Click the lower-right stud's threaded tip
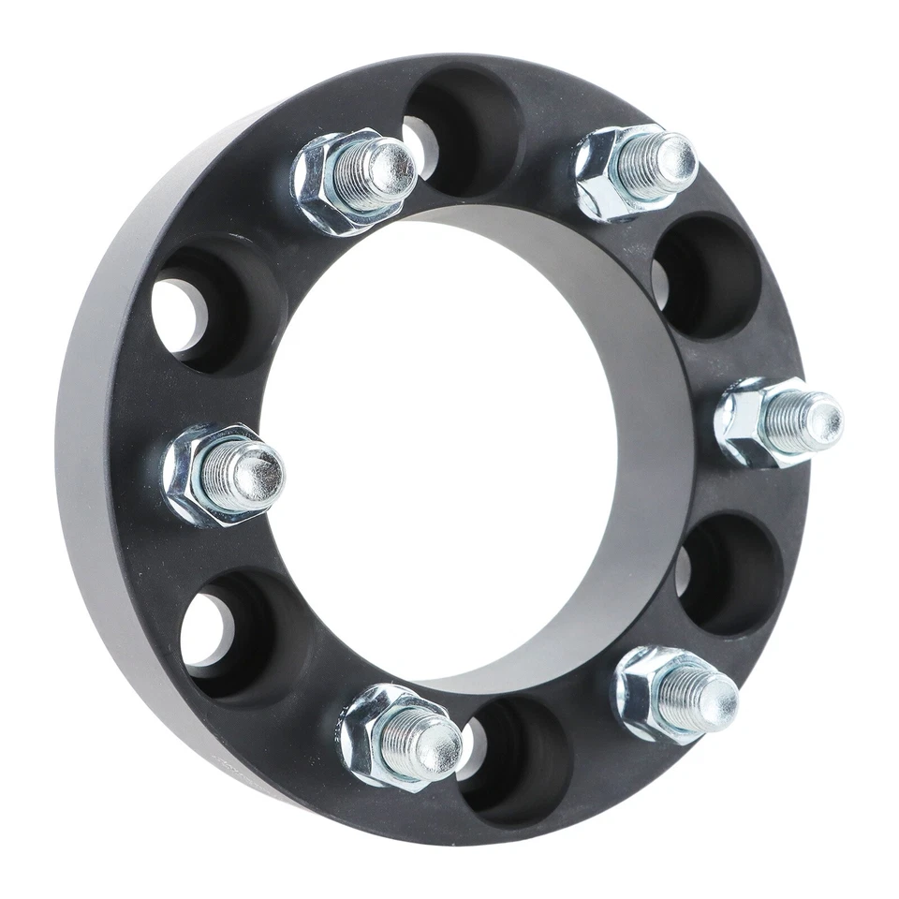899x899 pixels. [712, 698]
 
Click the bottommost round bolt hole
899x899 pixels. [515, 759]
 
